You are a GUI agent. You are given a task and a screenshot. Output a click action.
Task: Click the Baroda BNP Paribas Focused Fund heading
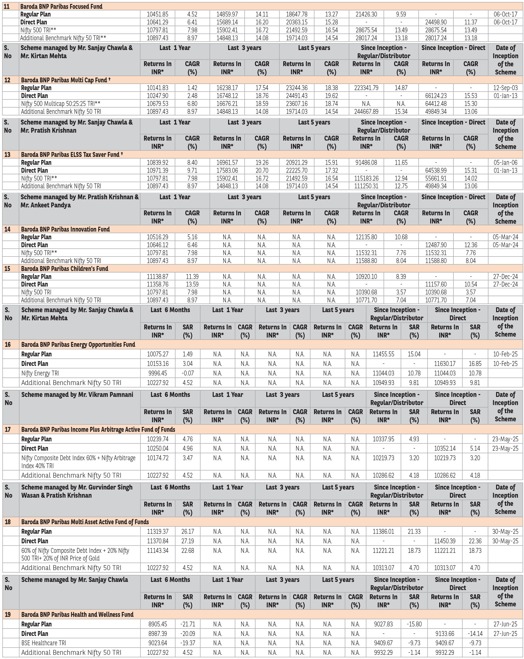(61, 7)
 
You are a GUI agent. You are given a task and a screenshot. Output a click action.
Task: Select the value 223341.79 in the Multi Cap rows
(366, 88)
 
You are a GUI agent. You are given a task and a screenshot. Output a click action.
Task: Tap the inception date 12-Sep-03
(505, 88)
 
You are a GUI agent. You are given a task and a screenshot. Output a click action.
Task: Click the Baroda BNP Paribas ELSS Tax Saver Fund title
(70, 155)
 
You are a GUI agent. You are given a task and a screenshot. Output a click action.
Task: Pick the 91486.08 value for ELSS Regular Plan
(366, 163)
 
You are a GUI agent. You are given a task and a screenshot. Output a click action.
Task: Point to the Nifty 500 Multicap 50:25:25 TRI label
(61, 104)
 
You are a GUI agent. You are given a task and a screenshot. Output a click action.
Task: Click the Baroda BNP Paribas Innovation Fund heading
(65, 229)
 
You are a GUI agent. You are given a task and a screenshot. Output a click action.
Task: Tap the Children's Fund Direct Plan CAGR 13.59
(192, 284)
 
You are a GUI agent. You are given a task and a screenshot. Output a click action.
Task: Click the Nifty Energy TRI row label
(40, 373)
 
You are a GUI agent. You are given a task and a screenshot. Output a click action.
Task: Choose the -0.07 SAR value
(187, 373)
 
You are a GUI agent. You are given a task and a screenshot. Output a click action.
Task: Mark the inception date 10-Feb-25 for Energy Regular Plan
(505, 354)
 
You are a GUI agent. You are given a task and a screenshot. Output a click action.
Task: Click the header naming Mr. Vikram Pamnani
(77, 395)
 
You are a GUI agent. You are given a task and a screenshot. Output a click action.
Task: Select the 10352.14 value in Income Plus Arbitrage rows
(445, 448)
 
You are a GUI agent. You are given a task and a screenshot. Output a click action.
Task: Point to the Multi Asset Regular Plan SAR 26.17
(187, 531)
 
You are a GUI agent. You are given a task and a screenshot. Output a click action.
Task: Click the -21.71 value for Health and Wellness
(187, 624)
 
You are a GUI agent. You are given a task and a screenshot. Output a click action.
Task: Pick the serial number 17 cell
(8, 429)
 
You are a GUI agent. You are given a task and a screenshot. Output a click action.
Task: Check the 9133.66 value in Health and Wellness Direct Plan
(445, 634)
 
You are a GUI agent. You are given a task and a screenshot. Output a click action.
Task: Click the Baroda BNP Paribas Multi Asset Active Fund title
(85, 522)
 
